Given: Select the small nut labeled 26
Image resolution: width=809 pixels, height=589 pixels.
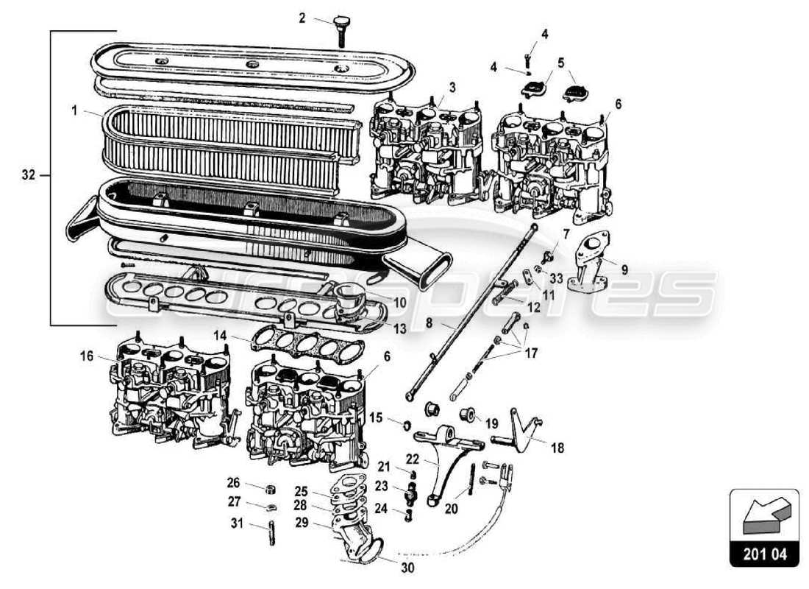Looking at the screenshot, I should (x=270, y=489).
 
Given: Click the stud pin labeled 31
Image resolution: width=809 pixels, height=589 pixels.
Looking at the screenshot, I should (x=271, y=533).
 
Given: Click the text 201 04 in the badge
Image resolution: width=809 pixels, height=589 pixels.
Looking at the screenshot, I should (x=763, y=553).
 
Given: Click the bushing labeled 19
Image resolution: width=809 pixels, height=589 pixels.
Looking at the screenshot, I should (x=466, y=414).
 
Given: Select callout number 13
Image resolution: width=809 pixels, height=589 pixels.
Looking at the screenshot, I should (x=399, y=329).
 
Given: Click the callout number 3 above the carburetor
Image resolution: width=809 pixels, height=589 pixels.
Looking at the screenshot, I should (x=452, y=88).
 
